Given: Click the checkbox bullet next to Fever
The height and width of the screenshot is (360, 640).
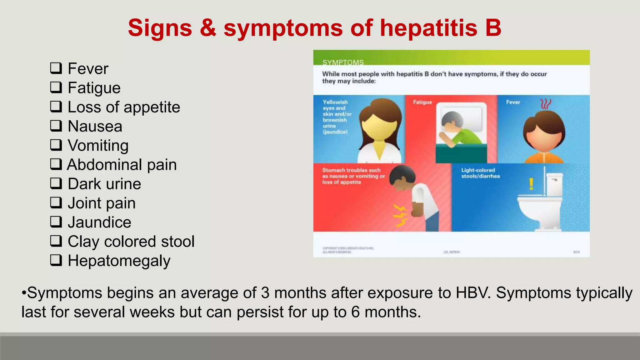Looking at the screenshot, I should pyautogui.click(x=56, y=68).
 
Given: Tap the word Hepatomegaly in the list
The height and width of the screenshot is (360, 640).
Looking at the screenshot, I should pyautogui.click(x=119, y=261).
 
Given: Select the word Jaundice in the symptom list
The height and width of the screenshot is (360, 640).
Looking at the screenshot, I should pyautogui.click(x=99, y=222).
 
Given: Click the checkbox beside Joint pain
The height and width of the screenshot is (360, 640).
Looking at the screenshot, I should pyautogui.click(x=56, y=202).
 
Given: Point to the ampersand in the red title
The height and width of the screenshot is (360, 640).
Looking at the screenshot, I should pyautogui.click(x=208, y=27).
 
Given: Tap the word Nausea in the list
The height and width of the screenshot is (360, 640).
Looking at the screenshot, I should pyautogui.click(x=95, y=126).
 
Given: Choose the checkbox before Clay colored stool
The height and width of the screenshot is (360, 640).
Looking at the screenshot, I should pyautogui.click(x=56, y=241).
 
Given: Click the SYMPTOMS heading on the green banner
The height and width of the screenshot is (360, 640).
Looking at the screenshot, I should pyautogui.click(x=343, y=62).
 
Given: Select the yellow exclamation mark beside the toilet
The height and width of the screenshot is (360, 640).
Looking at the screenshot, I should pyautogui.click(x=531, y=184).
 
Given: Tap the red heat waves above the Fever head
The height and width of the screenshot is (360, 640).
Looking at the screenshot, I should pyautogui.click(x=546, y=104).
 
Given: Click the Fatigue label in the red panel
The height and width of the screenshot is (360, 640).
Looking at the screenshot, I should pyautogui.click(x=422, y=102).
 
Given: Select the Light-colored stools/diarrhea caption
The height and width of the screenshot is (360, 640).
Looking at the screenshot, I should pyautogui.click(x=480, y=173).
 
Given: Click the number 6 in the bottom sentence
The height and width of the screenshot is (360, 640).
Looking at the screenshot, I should pyautogui.click(x=355, y=312).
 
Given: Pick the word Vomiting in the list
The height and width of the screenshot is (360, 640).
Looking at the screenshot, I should pyautogui.click(x=98, y=145).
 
